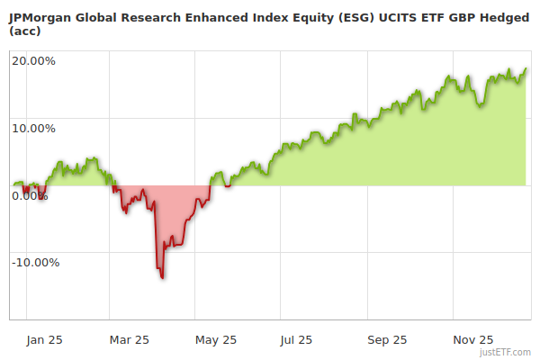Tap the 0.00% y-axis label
click(x=30, y=195)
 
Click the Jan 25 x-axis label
click(x=44, y=339)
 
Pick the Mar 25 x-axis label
click(x=129, y=339)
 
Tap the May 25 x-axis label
click(x=215, y=339)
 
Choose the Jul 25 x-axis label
click(x=296, y=339)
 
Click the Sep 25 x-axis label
click(x=387, y=339)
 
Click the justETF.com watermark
click(x=505, y=353)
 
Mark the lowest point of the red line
click(x=162, y=277)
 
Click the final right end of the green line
click(x=526, y=69)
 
